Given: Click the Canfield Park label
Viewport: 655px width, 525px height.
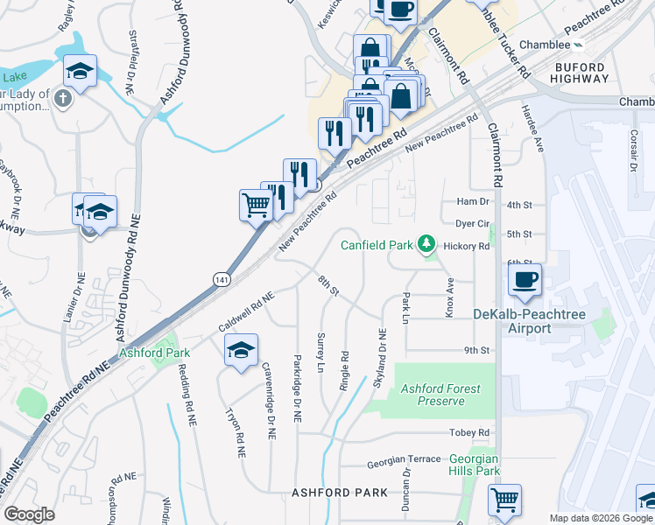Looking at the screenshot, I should (376, 245).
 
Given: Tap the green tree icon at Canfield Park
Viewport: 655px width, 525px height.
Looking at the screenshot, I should (426, 242).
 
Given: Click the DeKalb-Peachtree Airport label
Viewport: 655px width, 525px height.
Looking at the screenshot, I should (512, 321).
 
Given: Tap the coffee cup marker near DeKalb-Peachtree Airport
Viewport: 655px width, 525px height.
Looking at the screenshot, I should (525, 281).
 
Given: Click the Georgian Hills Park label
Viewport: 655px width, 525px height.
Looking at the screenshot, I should (474, 465).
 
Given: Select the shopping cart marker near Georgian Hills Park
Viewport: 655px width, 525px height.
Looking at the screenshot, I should (505, 500).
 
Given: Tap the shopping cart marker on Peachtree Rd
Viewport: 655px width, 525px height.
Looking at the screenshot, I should (256, 206).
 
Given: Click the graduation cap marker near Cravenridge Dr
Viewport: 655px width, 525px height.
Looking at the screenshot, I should (242, 350).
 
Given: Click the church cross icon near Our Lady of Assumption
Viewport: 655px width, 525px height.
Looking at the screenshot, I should (61, 98).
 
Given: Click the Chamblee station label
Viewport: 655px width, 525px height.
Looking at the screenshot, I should (544, 44).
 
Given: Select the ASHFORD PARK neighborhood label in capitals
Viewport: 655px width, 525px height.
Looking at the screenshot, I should (339, 493).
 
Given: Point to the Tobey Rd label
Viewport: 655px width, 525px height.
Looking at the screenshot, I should (471, 433).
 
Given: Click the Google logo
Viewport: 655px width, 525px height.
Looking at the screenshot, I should (29, 514).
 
